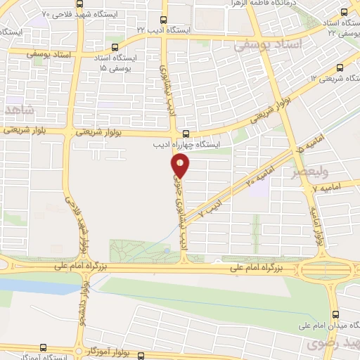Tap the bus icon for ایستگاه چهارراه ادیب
(x=186, y=134)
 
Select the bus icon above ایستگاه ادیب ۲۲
(x=164, y=20)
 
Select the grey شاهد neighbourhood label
(x=18, y=111)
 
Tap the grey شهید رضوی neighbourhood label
(x=330, y=345)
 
